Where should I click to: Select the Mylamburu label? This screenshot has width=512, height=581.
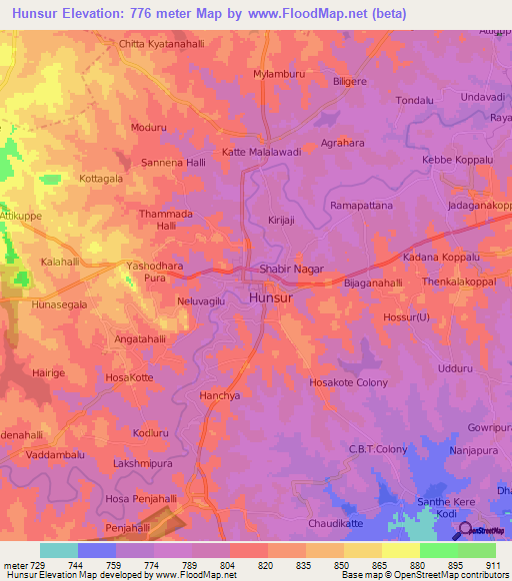279,75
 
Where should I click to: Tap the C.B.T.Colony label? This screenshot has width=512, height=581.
377,449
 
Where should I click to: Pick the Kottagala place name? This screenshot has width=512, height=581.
101,179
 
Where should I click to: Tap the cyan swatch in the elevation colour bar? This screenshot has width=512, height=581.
59,550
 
